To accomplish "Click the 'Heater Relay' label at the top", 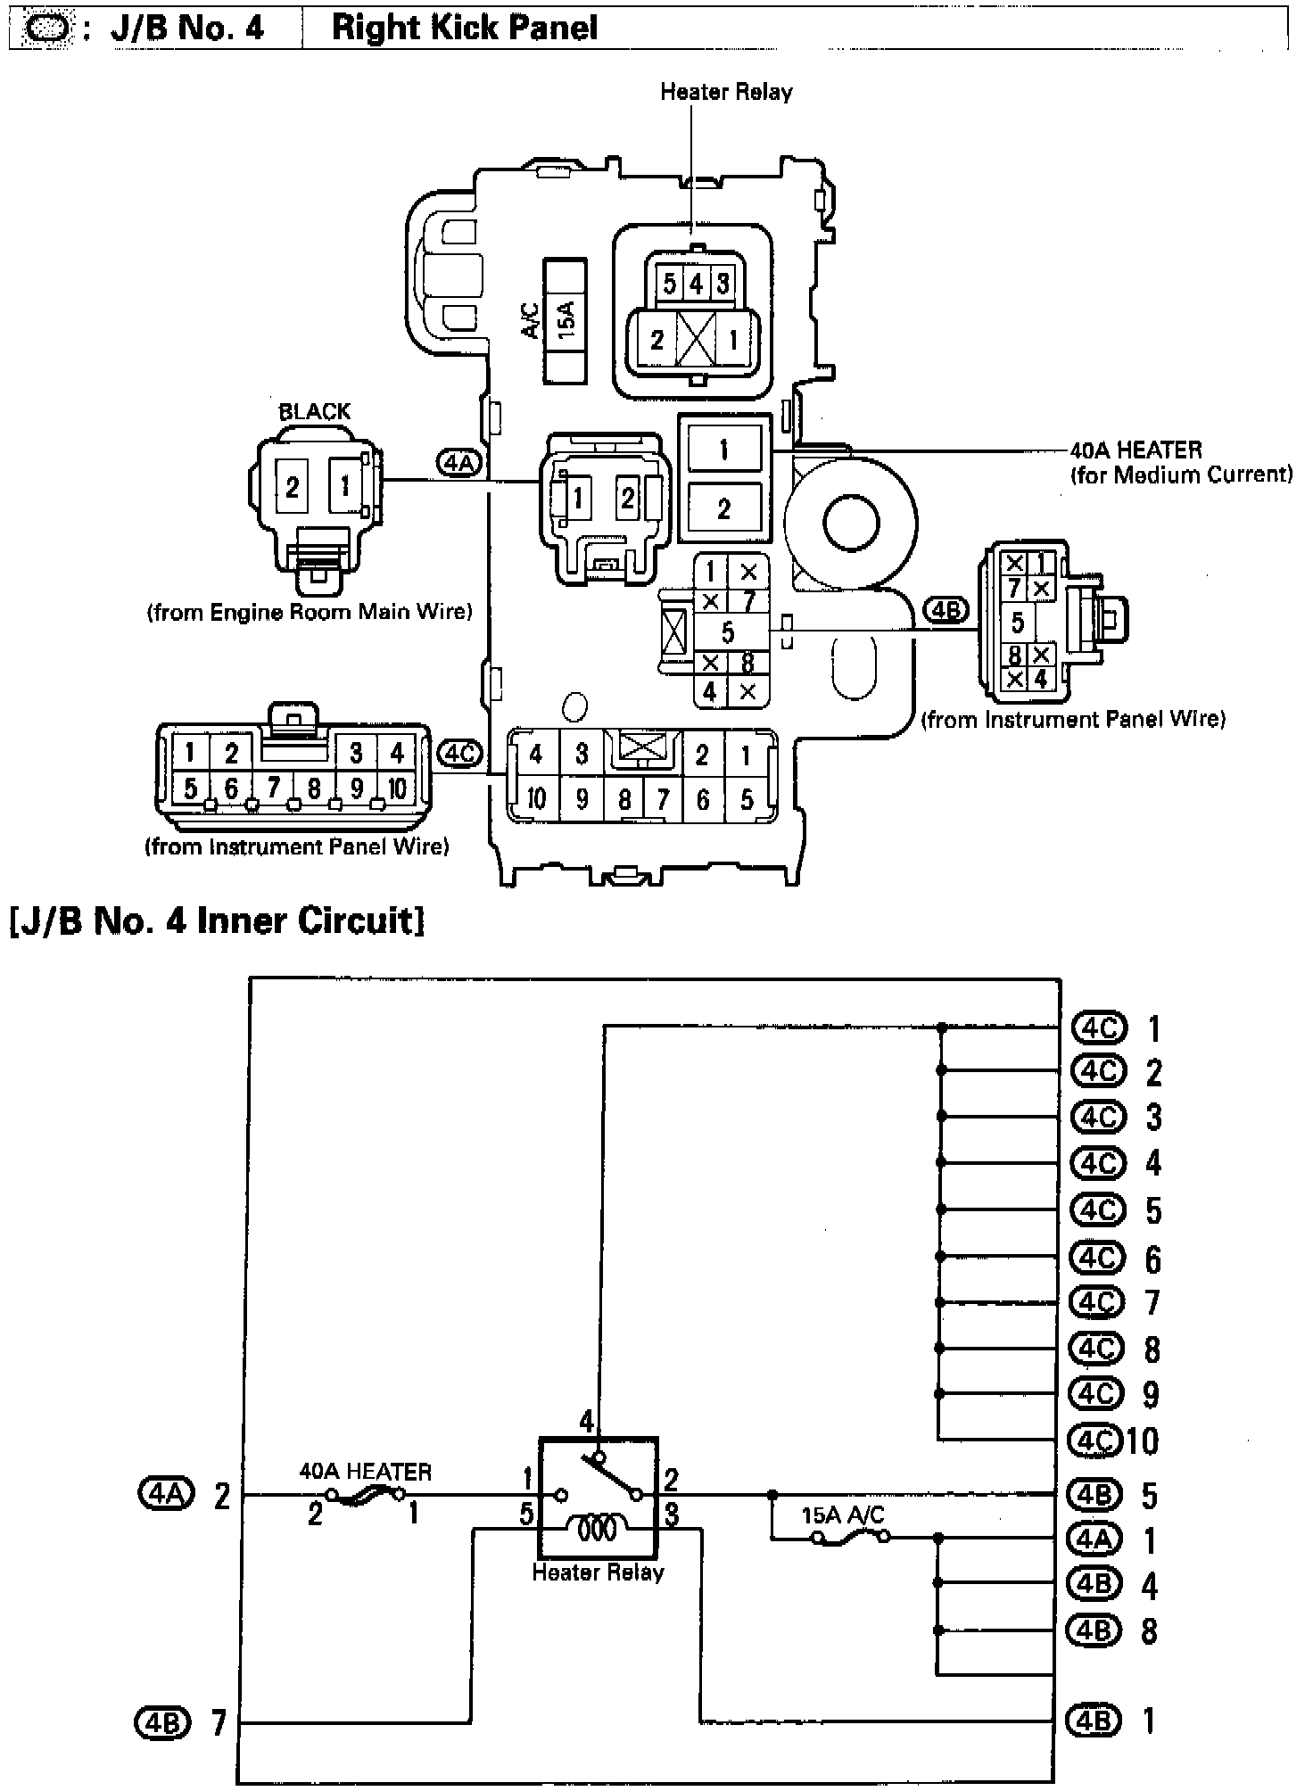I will coord(726,92).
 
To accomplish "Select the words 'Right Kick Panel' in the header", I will coord(464,28).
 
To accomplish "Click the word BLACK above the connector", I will coord(314,411).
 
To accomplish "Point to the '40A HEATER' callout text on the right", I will coord(1135,450).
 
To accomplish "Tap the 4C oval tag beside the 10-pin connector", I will coord(461,754).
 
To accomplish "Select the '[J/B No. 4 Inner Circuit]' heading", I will coord(216,919).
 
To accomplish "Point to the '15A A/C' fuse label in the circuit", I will coord(843,1515).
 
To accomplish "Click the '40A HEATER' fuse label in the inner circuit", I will coord(365,1471).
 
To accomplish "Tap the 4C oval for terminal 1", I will coord(1098,1028).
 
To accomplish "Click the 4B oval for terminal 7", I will coord(163,1721).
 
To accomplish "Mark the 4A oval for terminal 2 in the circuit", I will coord(166,1492).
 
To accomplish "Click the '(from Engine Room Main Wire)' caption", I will coord(309,612).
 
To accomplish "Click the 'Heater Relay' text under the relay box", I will coord(598,1572).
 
